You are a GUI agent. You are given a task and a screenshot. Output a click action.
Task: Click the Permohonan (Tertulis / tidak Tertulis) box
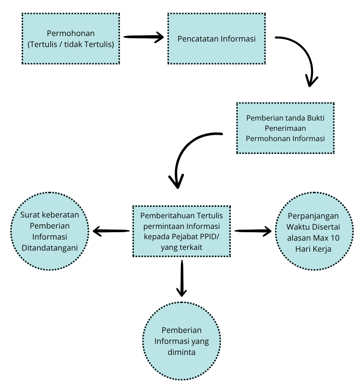[71, 39]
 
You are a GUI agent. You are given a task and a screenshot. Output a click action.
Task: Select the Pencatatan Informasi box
[217, 39]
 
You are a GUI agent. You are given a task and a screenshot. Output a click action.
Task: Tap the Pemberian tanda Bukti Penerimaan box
[286, 128]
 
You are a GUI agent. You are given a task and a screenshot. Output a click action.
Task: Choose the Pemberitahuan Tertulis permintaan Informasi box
[182, 231]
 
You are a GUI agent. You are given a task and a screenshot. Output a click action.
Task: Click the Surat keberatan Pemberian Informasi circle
[50, 231]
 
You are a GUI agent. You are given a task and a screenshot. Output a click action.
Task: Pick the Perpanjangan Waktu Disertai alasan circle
[314, 231]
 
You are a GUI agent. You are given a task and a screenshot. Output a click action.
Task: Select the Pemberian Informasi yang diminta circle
[182, 341]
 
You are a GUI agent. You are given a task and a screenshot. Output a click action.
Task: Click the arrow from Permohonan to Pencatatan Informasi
[143, 37]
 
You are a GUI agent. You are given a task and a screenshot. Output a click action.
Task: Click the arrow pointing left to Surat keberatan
[111, 231]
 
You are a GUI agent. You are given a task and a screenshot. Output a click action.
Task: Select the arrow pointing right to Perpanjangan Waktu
[253, 231]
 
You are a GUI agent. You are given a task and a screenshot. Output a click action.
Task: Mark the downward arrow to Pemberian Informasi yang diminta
[182, 278]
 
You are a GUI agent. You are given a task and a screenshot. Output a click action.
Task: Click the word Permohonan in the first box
[71, 33]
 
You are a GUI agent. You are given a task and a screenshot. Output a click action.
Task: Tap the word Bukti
[316, 118]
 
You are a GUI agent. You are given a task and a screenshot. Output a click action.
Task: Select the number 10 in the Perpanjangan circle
[335, 238]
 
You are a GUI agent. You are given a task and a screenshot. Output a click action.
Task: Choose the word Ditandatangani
[50, 248]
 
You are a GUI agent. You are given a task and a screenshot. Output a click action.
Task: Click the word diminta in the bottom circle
[182, 352]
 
